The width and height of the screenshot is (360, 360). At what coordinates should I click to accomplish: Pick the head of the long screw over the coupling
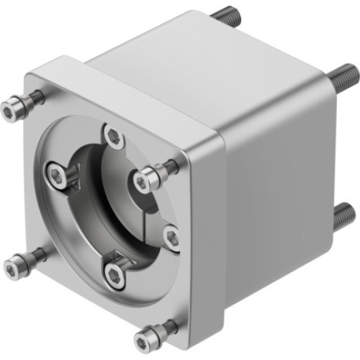(148, 174)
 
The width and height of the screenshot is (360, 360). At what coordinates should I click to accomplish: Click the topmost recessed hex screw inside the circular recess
(114, 135)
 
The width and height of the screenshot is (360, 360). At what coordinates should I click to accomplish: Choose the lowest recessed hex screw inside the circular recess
(114, 273)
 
